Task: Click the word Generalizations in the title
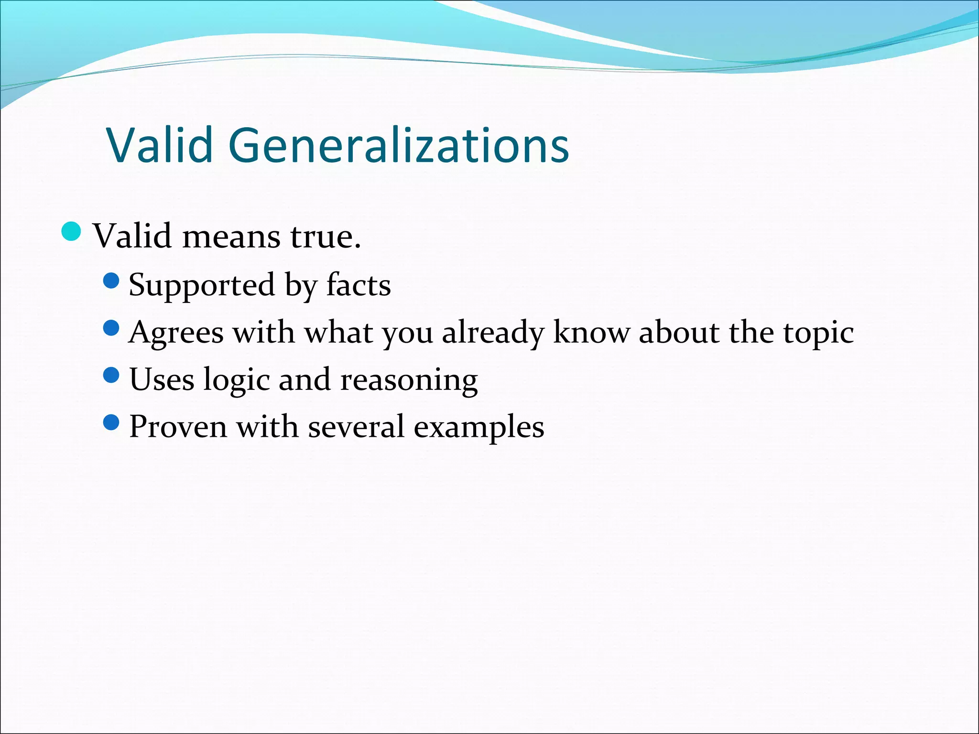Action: click(399, 145)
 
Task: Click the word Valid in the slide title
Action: click(160, 145)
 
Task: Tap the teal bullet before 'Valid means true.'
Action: click(72, 232)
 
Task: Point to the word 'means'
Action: click(231, 236)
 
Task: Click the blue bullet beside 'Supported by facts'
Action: click(111, 281)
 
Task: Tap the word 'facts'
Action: click(359, 285)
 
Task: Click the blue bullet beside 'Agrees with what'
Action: click(111, 328)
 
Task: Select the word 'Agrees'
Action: click(176, 332)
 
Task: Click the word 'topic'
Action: click(818, 332)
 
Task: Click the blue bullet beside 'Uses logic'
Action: click(111, 375)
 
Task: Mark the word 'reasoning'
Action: click(409, 380)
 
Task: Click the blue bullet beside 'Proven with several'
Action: click(111, 422)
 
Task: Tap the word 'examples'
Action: click(479, 426)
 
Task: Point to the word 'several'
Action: click(356, 426)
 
